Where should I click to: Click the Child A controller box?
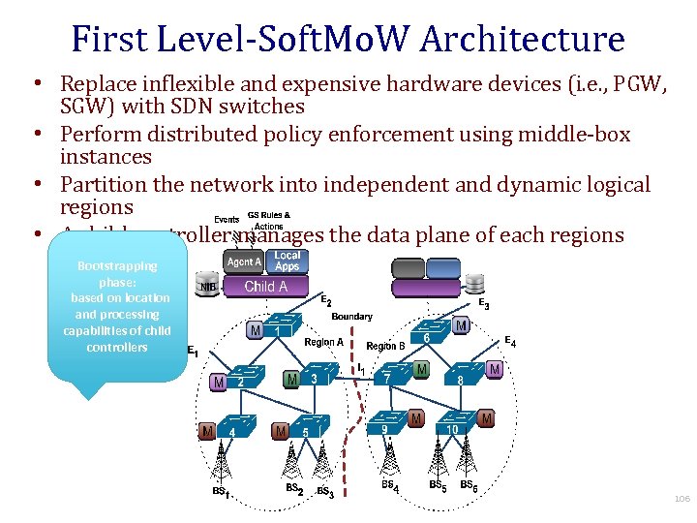click(265, 287)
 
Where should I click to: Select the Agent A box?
click(243, 261)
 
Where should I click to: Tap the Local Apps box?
click(288, 261)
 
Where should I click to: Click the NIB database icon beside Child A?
click(207, 286)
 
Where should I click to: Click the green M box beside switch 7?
click(421, 370)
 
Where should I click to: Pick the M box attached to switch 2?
click(219, 384)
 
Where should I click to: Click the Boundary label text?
click(351, 317)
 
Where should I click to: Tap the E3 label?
click(483, 304)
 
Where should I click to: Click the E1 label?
click(192, 353)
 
